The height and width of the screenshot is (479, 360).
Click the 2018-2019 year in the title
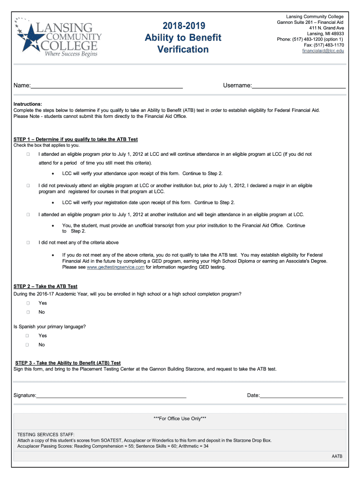click(x=183, y=25)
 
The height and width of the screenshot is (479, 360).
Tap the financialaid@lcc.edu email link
click(x=323, y=51)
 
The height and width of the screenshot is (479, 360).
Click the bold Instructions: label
click(x=28, y=104)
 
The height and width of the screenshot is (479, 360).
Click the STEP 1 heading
click(x=75, y=139)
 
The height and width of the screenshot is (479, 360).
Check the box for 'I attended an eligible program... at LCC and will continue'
click(x=28, y=154)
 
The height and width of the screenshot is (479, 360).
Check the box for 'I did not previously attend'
click(x=28, y=186)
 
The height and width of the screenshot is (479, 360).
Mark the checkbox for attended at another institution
click(x=28, y=214)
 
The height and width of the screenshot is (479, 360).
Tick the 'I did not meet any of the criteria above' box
click(x=28, y=243)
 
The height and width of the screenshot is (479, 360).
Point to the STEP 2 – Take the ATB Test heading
click(x=45, y=286)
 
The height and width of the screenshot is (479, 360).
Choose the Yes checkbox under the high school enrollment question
click(x=28, y=303)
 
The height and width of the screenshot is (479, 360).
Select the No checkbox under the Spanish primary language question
click(x=28, y=345)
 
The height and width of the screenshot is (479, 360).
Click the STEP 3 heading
click(x=68, y=363)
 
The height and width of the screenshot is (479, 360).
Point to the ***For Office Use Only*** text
click(x=180, y=419)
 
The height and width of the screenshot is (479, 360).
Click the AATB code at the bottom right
click(x=337, y=456)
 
